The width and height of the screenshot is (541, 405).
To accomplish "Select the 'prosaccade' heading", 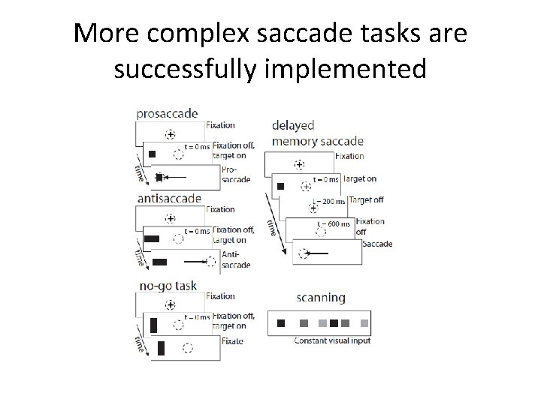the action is pyautogui.click(x=167, y=114).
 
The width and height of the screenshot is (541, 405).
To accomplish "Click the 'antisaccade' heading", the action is pyautogui.click(x=169, y=199).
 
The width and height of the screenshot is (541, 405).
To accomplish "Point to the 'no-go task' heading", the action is pyautogui.click(x=168, y=286).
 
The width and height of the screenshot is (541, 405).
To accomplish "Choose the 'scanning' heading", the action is pyautogui.click(x=320, y=297).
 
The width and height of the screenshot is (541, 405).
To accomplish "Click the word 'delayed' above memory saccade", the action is pyautogui.click(x=293, y=125).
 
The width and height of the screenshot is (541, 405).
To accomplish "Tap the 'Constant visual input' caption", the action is pyautogui.click(x=332, y=341).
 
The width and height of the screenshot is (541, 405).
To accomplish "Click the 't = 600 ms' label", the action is pyautogui.click(x=333, y=223).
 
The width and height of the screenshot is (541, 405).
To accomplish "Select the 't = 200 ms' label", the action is pyautogui.click(x=328, y=201).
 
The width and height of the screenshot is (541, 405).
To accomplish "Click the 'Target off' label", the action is pyautogui.click(x=365, y=200).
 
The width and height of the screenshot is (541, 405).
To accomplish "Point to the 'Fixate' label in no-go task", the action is pyautogui.click(x=233, y=340).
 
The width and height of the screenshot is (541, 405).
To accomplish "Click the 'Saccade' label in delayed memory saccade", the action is pyautogui.click(x=376, y=244).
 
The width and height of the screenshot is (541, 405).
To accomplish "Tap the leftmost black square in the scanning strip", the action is pyautogui.click(x=281, y=323).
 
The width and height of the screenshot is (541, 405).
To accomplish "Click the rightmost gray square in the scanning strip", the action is pyautogui.click(x=365, y=323).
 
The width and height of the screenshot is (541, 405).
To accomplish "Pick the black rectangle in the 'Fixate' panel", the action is pyautogui.click(x=161, y=348).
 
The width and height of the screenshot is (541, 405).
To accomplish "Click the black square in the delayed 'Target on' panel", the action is pyautogui.click(x=281, y=185).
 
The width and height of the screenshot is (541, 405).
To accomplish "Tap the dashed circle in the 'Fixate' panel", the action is pyautogui.click(x=188, y=348).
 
